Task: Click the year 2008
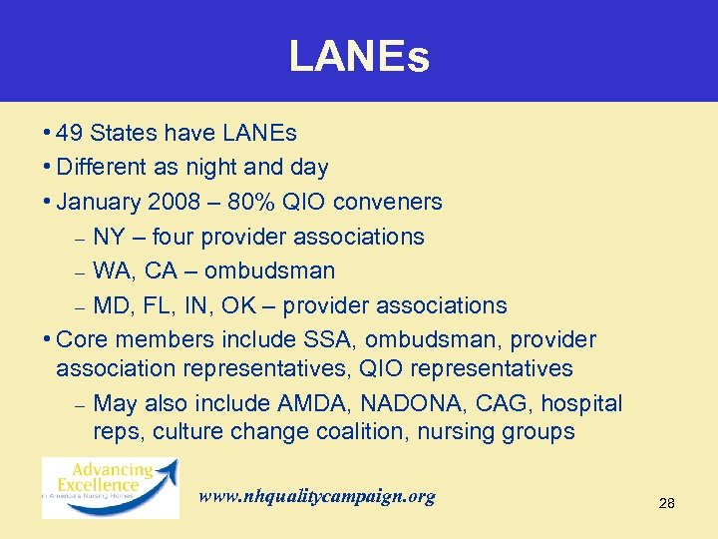[173, 202]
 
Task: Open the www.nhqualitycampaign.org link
[317, 496]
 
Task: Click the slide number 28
[667, 504]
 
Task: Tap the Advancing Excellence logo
[110, 486]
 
